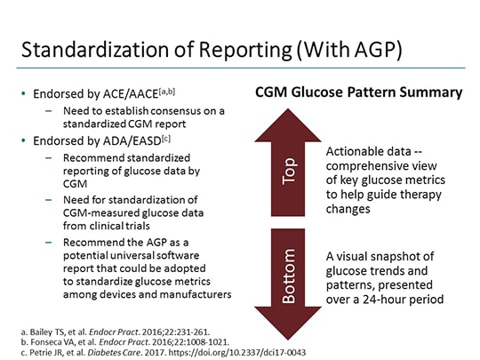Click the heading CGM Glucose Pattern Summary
[x=358, y=92]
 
